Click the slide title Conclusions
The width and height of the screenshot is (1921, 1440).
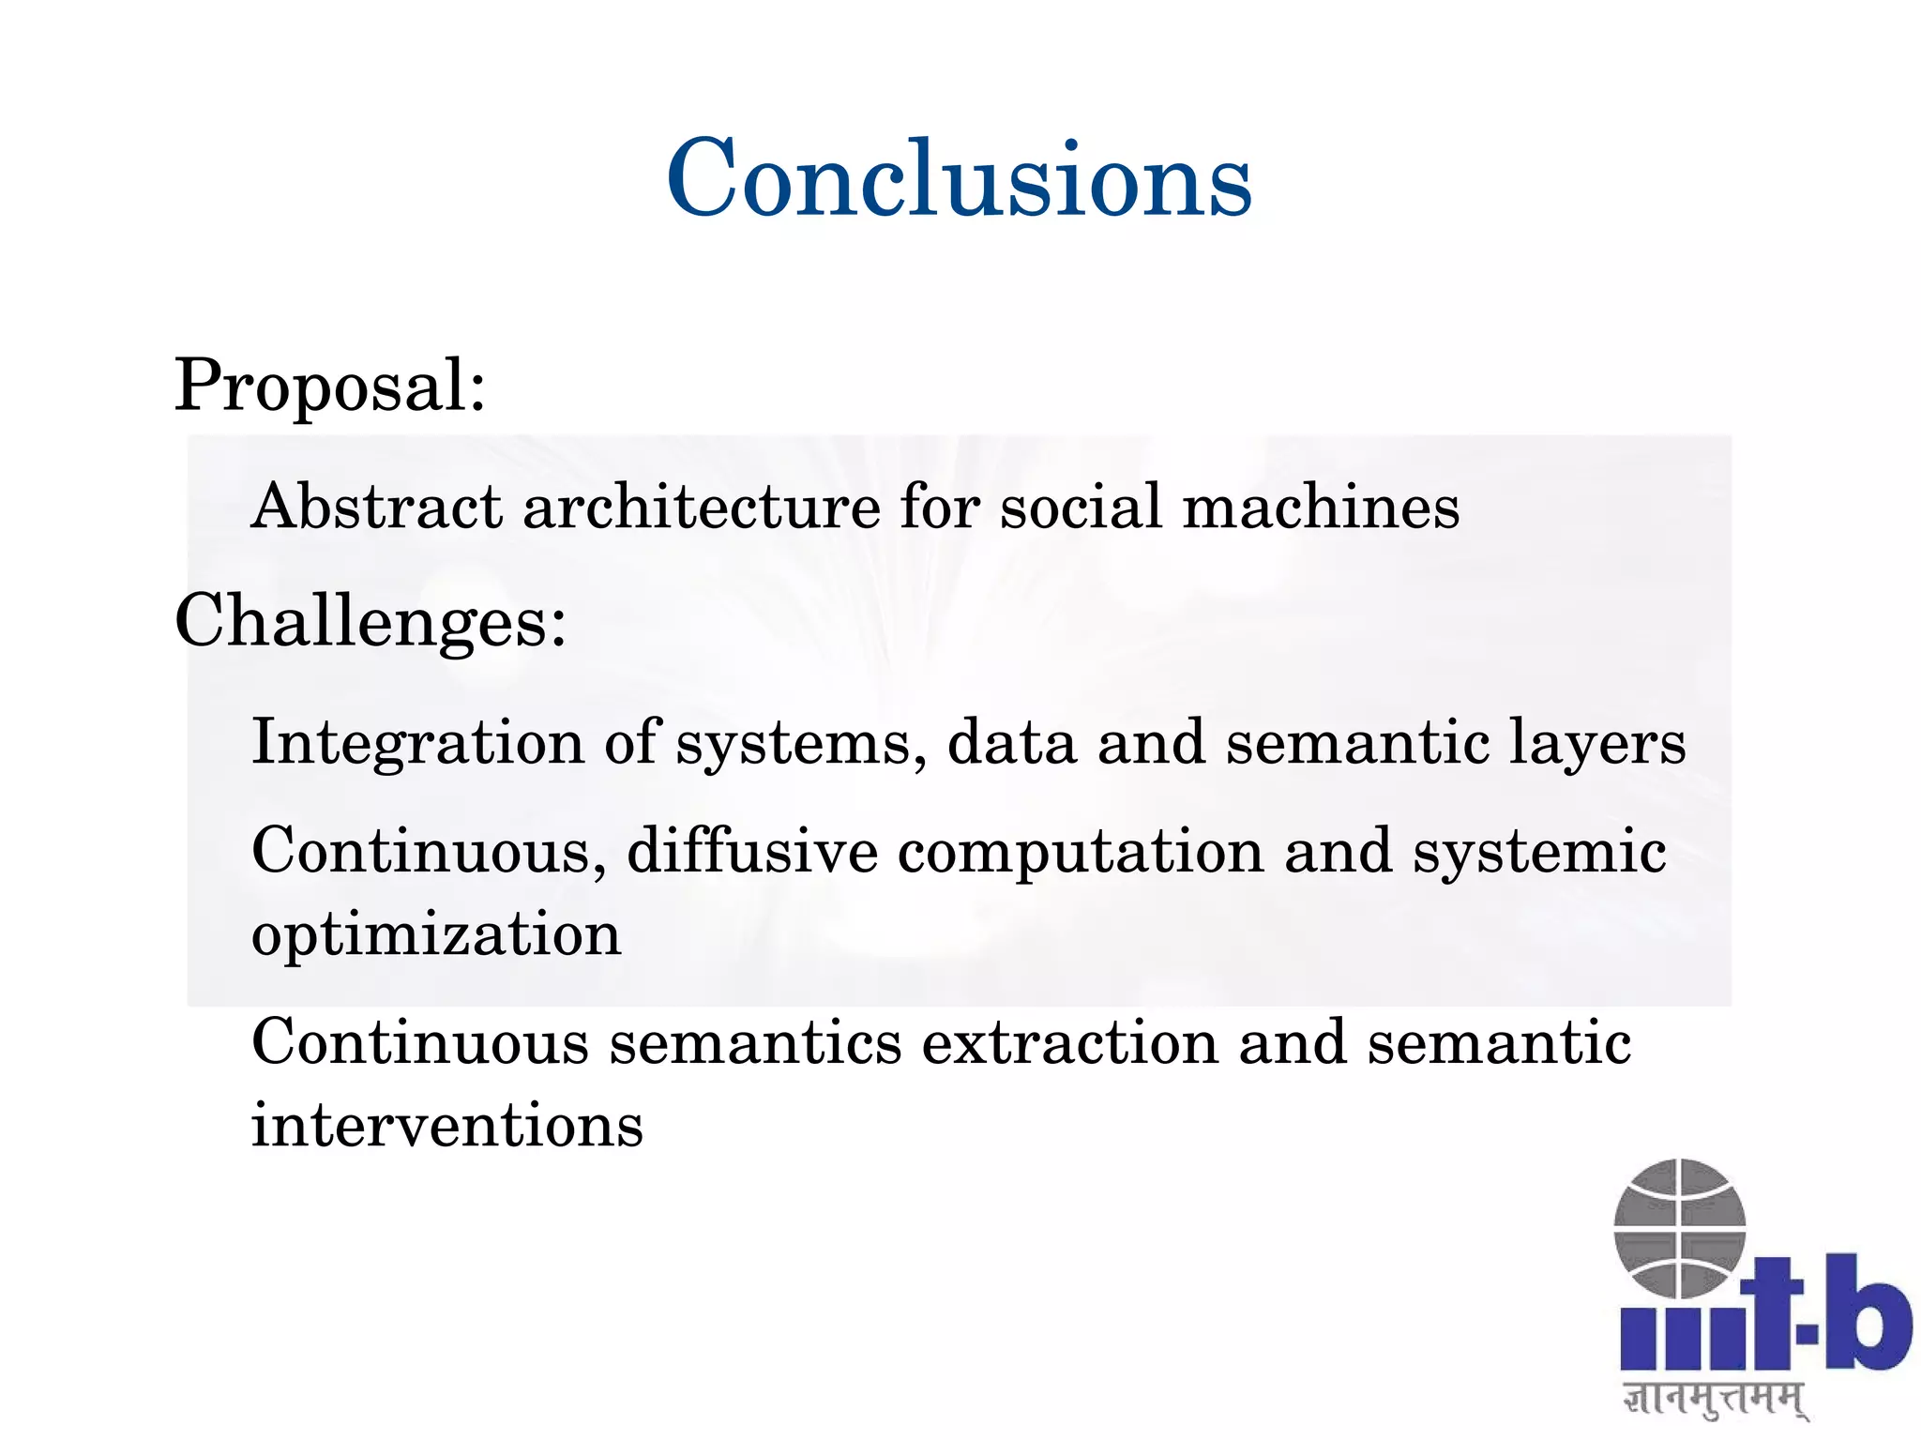pos(959,178)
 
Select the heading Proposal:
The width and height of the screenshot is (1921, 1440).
pos(330,385)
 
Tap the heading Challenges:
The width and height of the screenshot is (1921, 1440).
pos(371,621)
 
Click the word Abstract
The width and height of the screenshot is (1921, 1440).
pos(376,507)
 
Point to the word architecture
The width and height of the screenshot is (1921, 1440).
pos(702,507)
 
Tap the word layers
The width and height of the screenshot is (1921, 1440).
pos(1596,743)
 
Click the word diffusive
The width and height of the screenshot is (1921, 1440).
pos(752,851)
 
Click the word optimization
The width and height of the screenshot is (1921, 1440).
pos(436,935)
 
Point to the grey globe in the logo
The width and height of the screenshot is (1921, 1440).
pos(1679,1227)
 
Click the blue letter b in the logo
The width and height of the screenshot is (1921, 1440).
pos(1867,1313)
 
